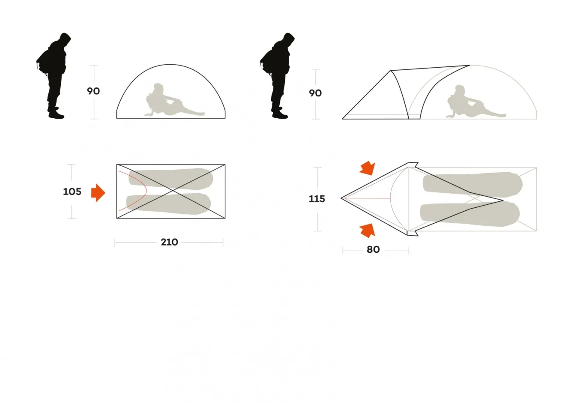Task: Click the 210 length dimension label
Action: point(169,242)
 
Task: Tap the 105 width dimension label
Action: point(72,192)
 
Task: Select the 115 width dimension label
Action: point(317,199)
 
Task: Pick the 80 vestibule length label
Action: point(373,249)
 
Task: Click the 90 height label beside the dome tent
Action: point(93,91)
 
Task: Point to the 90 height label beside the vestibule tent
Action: point(315,93)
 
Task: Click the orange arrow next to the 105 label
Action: point(98,193)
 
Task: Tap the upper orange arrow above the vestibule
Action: point(368,168)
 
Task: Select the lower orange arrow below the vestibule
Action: point(368,230)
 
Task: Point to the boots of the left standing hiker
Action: point(56,113)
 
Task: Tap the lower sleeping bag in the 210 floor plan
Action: point(168,203)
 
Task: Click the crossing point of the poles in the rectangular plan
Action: point(173,191)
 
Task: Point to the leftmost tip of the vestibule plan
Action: point(341,198)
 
